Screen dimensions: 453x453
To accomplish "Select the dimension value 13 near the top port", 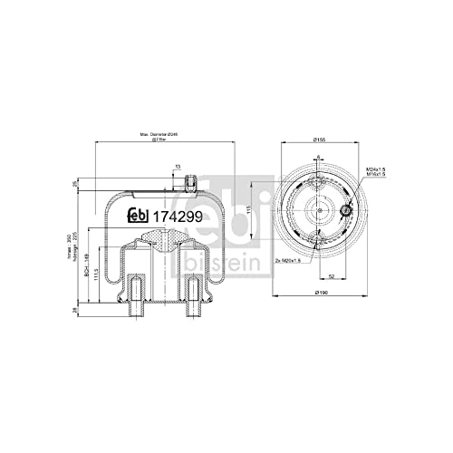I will point(178,166).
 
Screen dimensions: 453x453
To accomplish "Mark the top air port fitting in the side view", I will point(190,183).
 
